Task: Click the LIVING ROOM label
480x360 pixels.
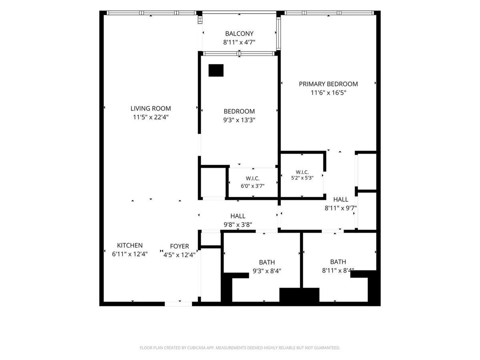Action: tap(151, 108)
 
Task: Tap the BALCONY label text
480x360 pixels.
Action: tap(239, 34)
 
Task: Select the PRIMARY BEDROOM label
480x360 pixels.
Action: tap(328, 84)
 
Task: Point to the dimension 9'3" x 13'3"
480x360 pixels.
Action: tap(239, 120)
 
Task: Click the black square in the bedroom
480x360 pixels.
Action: tap(216, 70)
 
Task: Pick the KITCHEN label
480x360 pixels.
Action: tap(130, 245)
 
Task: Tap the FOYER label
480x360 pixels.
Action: tap(179, 246)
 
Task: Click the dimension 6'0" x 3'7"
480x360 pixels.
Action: tap(252, 186)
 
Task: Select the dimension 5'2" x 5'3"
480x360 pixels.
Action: tap(302, 178)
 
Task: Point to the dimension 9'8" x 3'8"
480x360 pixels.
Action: tap(238, 224)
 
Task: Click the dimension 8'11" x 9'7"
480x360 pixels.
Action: tap(340, 208)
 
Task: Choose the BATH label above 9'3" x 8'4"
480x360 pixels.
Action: tap(267, 262)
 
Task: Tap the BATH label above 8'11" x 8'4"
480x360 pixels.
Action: tap(338, 262)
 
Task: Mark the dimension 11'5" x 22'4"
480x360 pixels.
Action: tap(151, 117)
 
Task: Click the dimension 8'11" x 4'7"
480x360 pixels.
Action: tap(239, 42)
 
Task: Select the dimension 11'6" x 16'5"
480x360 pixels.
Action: tap(328, 93)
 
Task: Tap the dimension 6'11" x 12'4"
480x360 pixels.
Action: tap(130, 254)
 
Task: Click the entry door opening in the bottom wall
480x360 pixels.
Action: tap(178, 304)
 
